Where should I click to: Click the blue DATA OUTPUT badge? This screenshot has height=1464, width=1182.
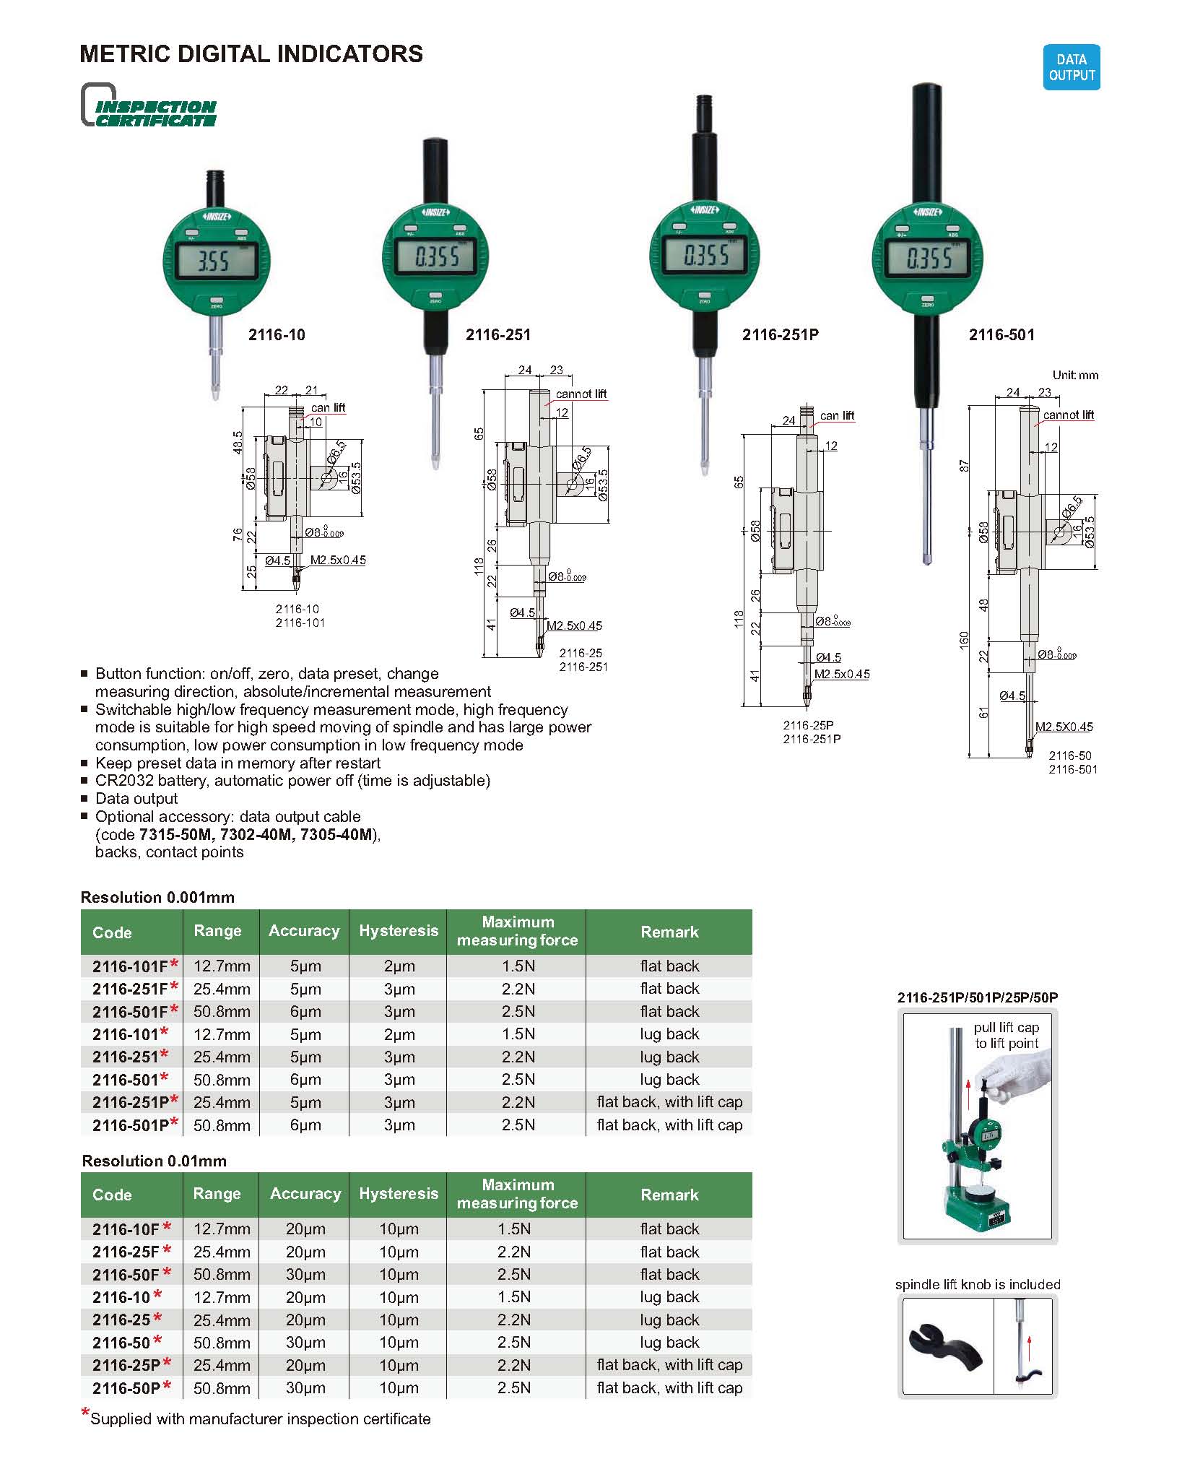(x=1071, y=67)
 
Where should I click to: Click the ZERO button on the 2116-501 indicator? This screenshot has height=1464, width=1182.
(x=927, y=299)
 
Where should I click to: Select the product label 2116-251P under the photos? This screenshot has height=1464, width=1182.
(x=780, y=335)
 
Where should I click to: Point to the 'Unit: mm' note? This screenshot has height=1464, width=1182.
(x=1075, y=375)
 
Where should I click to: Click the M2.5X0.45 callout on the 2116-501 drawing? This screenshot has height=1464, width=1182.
(x=1064, y=727)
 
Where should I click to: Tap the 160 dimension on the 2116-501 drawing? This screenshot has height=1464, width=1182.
(x=964, y=640)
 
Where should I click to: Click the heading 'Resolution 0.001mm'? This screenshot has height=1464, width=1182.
(x=157, y=897)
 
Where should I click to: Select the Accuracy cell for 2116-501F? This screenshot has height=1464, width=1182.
(x=305, y=1012)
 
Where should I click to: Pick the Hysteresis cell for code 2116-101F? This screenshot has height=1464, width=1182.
(x=399, y=966)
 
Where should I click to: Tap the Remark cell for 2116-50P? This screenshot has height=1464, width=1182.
(x=669, y=1388)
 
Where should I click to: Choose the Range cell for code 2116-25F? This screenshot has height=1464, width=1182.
(x=222, y=1252)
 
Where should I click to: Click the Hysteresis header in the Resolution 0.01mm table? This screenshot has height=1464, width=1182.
(x=399, y=1194)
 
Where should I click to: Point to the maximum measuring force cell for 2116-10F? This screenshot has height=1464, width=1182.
(x=514, y=1229)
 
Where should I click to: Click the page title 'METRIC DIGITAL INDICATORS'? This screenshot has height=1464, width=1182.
(x=251, y=54)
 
